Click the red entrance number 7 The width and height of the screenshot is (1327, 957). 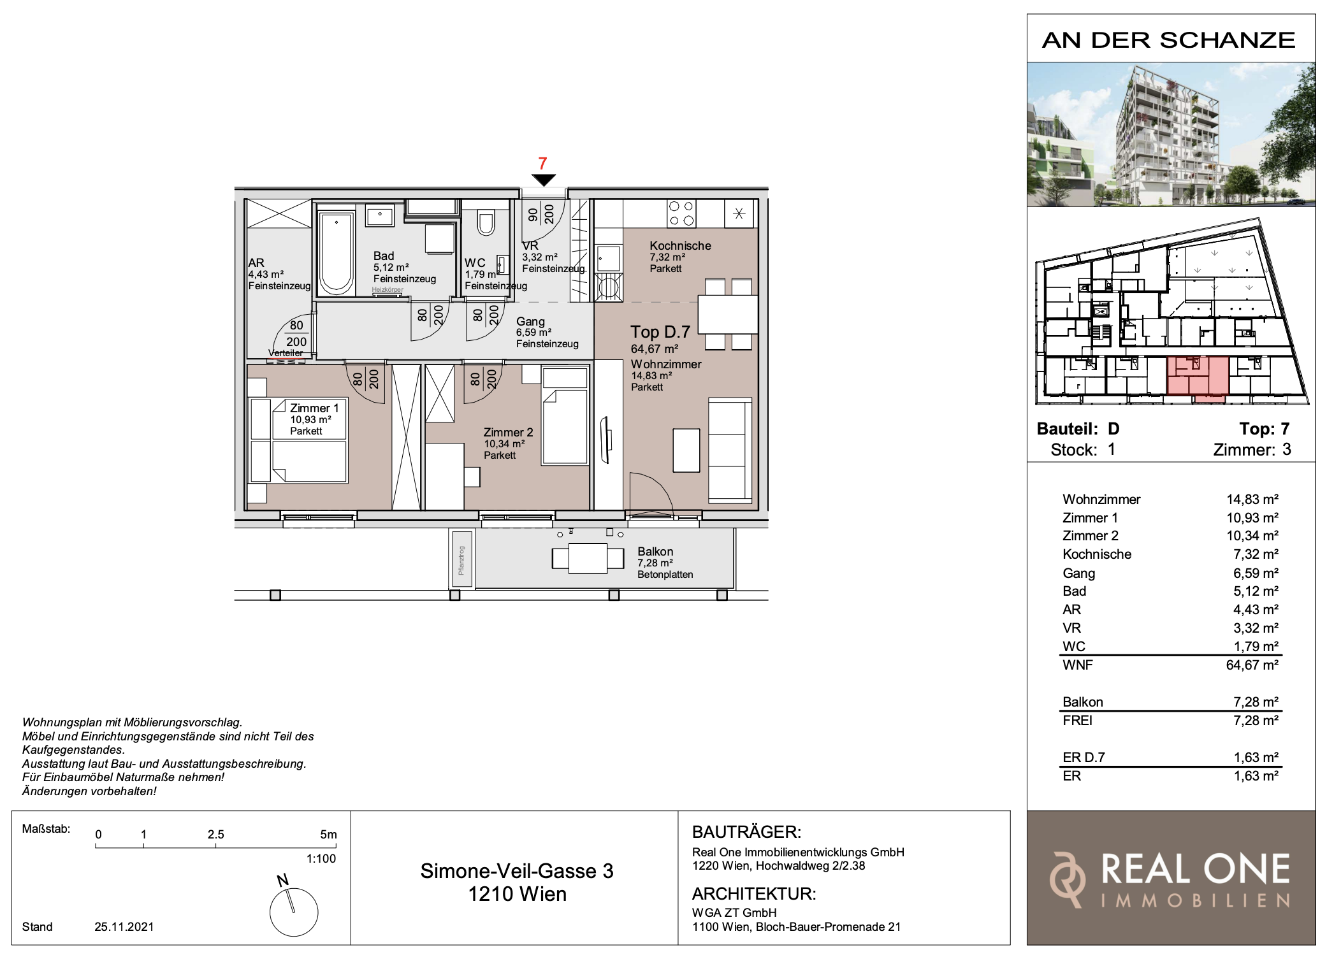coord(542,164)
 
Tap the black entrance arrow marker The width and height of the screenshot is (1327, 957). coord(544,180)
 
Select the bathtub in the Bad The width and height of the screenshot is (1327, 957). coord(337,254)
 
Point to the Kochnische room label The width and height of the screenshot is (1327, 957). coord(680,245)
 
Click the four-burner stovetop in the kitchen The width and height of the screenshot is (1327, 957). coord(681,213)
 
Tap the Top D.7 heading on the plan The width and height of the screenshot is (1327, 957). coord(660,332)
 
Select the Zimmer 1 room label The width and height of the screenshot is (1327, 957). coord(314,408)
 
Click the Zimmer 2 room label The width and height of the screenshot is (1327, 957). coord(508,432)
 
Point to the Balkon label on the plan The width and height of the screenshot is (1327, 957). coord(655,551)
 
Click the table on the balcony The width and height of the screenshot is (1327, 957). coord(588,558)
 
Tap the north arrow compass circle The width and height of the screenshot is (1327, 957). coord(294,912)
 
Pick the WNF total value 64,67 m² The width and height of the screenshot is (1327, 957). coord(1252,665)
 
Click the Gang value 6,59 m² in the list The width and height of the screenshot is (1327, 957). coord(1256,573)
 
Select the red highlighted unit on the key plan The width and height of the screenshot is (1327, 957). coord(1198,377)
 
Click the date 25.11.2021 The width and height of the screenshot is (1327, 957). coord(124,927)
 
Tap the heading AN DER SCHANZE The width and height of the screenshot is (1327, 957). coord(1169,40)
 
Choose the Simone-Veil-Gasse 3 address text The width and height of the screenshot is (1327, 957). coord(517,871)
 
